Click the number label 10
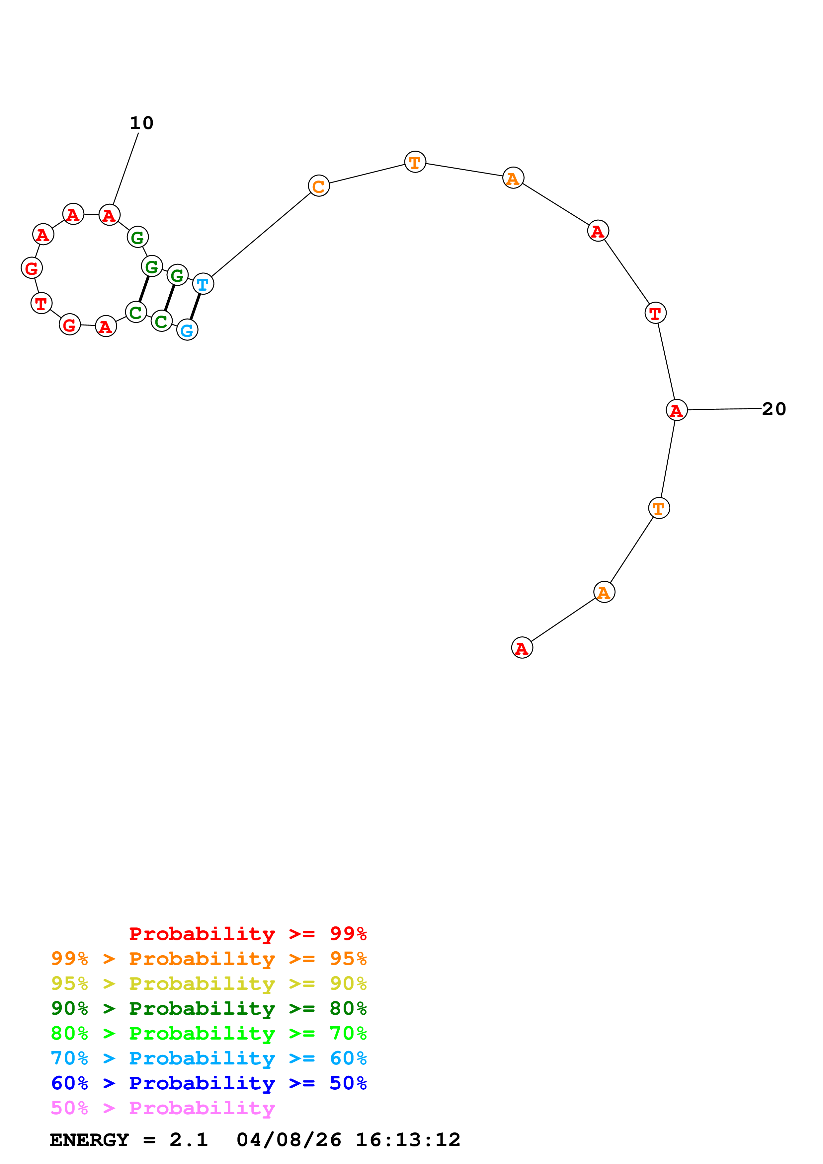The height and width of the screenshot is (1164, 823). (x=141, y=123)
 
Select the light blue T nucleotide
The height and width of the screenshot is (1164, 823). (x=203, y=284)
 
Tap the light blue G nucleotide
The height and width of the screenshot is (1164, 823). (x=187, y=330)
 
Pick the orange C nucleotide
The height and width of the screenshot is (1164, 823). (x=318, y=186)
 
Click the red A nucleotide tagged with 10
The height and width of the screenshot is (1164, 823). (x=109, y=215)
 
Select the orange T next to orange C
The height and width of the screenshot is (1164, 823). (x=415, y=162)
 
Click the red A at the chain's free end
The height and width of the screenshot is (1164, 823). (x=522, y=648)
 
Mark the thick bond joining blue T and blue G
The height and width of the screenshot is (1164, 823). (x=195, y=307)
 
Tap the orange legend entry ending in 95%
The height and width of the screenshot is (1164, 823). (x=208, y=959)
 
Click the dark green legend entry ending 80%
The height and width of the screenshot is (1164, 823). (x=208, y=1008)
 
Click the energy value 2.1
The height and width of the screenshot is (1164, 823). (x=189, y=1140)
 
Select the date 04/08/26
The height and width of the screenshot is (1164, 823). (x=288, y=1140)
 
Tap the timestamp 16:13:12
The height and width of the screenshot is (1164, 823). (x=408, y=1140)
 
